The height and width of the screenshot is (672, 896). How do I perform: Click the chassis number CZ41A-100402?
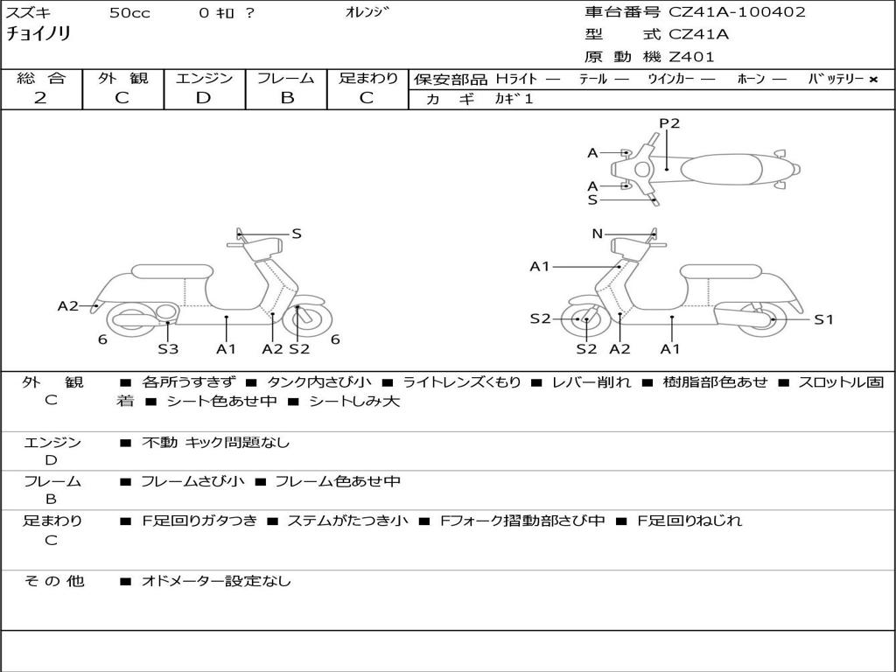[737, 12]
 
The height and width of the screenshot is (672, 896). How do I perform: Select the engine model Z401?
[691, 57]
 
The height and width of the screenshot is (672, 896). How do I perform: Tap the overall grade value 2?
[40, 98]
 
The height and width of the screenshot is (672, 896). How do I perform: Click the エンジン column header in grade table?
[204, 78]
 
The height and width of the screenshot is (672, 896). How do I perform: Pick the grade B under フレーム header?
[286, 98]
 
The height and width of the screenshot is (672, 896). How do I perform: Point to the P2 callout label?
[669, 123]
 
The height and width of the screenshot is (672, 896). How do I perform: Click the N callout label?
[598, 234]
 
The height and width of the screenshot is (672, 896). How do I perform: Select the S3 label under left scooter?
[168, 349]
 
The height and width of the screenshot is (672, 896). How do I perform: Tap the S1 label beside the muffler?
[823, 319]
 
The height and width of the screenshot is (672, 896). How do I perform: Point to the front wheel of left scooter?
[303, 319]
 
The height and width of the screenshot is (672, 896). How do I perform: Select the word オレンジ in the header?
[367, 12]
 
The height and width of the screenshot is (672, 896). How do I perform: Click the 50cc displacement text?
[129, 13]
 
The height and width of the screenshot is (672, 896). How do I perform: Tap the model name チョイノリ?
[38, 34]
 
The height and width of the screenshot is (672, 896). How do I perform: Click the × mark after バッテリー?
[872, 79]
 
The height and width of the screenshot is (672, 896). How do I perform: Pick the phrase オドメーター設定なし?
[216, 581]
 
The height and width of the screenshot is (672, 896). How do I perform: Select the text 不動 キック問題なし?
[215, 443]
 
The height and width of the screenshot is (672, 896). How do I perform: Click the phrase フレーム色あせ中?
[338, 481]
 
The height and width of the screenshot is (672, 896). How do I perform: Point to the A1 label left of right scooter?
[540, 266]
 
